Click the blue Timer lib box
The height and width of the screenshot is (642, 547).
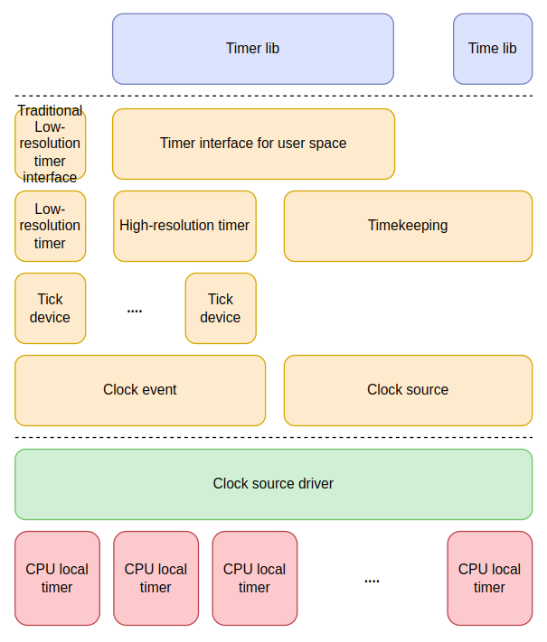coord(252,49)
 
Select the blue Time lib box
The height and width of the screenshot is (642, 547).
coord(492,49)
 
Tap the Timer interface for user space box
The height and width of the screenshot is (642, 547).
coord(253,144)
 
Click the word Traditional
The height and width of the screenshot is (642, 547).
coord(50,111)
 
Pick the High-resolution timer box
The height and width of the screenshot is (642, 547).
coord(184,226)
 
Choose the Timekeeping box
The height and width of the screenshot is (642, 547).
coord(408,226)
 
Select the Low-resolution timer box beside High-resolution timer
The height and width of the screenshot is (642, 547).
coord(50,226)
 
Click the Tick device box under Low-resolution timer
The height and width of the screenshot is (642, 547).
coord(50,308)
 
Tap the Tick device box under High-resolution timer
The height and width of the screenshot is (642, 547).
coord(221,308)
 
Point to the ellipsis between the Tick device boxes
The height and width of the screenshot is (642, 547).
coord(135,310)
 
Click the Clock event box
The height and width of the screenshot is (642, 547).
coord(140,390)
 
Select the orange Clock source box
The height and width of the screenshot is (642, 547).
coord(408,390)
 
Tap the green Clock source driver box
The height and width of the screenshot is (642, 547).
coord(273,484)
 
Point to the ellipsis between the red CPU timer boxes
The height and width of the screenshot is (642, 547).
coord(372,581)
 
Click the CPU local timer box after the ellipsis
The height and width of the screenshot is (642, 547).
coord(489,578)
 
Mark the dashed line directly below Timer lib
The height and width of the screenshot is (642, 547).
coord(273,96)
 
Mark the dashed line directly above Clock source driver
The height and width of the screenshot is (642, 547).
coord(273,438)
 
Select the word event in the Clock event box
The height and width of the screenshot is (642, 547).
coord(159,390)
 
